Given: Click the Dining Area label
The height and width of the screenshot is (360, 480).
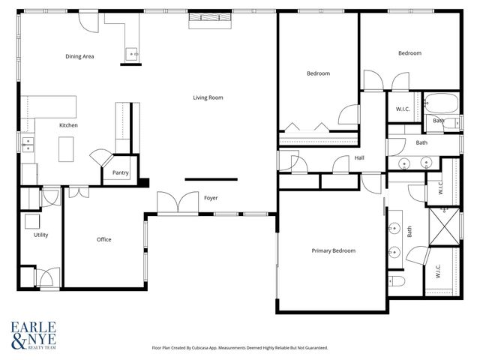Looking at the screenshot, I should point(79,56).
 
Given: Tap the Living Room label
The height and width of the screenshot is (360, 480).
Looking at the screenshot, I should point(208,97).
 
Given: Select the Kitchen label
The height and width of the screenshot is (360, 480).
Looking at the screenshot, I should point(68,125).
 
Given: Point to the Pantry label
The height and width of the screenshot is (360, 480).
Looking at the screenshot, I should point(120,173).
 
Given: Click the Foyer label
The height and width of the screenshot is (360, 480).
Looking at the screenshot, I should point(211,198).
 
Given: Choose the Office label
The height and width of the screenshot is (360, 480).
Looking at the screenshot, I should point(103,239).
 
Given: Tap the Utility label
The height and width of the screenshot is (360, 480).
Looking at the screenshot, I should point(40,235).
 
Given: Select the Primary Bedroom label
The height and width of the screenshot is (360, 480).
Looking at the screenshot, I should point(333,250).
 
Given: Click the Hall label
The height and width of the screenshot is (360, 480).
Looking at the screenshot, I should point(359,157).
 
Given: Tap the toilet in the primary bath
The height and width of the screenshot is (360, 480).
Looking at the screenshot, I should point(397,282).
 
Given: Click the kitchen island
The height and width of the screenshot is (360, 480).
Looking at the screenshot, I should point(68,148).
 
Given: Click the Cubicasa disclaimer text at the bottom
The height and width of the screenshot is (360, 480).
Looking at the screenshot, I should point(240,348).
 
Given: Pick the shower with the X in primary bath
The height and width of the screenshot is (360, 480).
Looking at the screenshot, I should point(442,223).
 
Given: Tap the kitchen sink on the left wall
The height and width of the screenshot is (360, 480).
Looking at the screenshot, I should point(27,144).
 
